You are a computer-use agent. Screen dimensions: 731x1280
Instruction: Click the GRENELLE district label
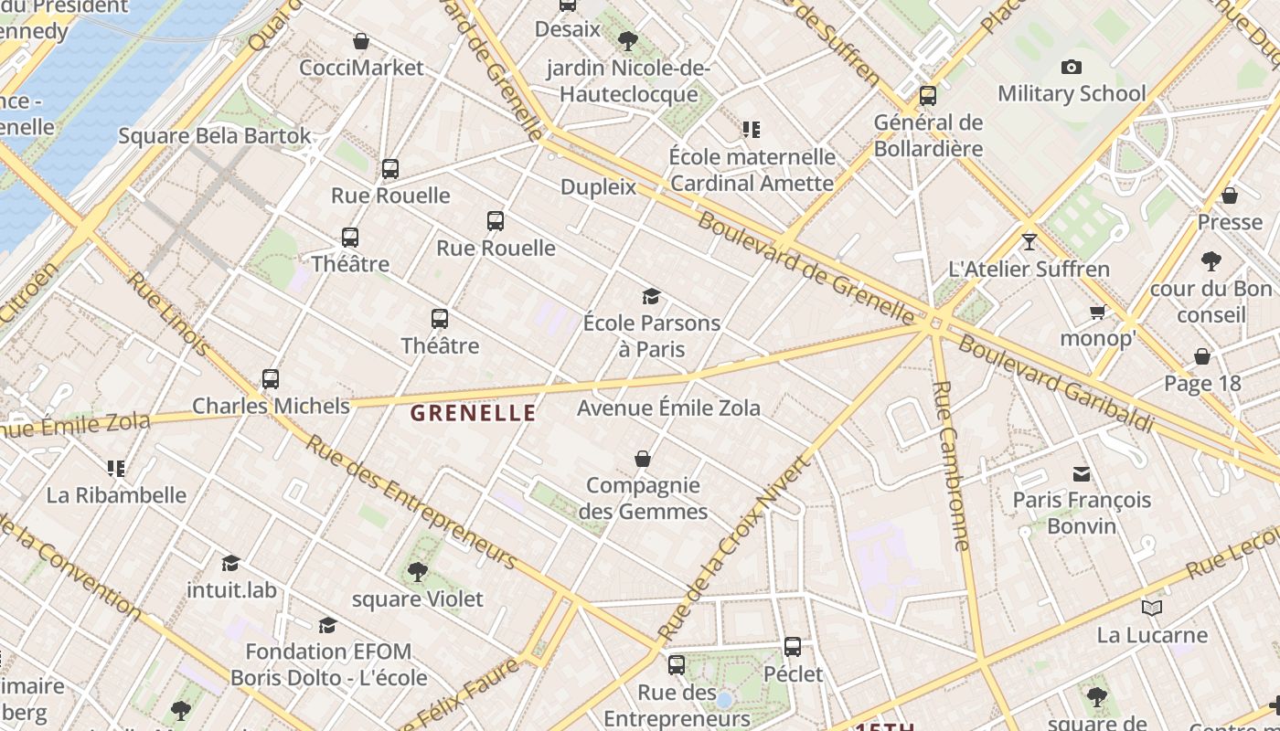(473, 413)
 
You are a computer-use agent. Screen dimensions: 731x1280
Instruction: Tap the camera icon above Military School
(1072, 67)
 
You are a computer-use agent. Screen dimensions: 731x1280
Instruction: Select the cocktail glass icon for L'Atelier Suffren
(1029, 242)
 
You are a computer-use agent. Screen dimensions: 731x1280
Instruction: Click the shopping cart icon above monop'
(1098, 312)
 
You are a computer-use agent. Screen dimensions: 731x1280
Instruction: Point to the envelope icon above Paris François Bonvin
(1082, 473)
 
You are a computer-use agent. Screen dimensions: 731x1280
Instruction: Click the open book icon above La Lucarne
(1152, 608)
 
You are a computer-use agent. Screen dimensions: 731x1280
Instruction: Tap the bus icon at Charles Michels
(271, 378)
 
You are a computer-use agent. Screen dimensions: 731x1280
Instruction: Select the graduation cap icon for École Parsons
(651, 296)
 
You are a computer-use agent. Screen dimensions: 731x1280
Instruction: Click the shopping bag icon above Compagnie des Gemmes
(643, 459)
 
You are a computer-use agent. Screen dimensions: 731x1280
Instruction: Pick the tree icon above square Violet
(418, 572)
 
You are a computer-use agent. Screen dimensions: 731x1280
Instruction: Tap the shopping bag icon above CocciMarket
(361, 41)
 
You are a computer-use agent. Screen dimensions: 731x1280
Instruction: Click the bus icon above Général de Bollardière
(928, 95)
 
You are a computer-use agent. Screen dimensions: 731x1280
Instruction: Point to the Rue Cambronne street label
(950, 466)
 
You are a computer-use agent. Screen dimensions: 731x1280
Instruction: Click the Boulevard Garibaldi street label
(1055, 385)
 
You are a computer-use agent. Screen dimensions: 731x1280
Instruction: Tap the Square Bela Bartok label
(215, 136)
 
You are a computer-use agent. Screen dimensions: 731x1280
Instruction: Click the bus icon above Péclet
(793, 647)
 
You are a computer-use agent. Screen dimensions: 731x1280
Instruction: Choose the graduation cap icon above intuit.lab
(230, 563)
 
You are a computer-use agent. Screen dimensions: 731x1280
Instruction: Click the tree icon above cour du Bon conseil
(1211, 262)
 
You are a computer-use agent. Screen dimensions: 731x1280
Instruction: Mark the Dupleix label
(598, 187)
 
